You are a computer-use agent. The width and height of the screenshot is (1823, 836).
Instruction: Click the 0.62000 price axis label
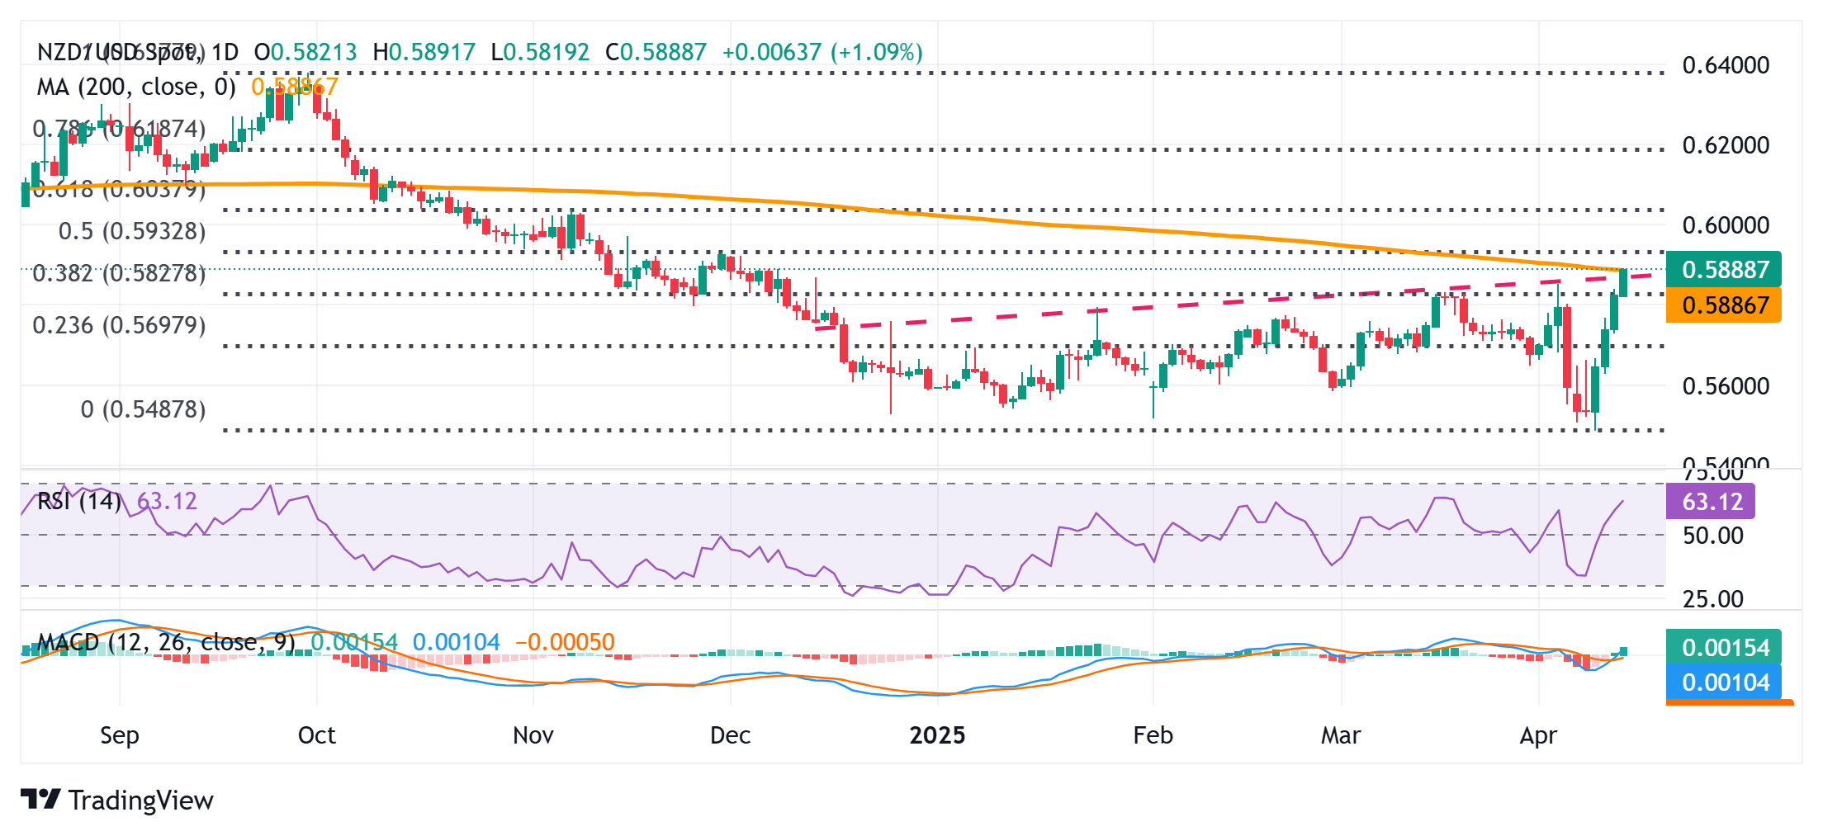point(1725,145)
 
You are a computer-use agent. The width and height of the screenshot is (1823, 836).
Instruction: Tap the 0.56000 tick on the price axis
point(1725,386)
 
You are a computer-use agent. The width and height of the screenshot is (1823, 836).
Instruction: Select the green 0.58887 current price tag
point(1724,270)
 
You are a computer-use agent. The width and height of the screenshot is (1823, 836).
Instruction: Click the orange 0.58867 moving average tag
point(1724,305)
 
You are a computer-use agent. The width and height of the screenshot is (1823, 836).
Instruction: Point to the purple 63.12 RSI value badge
point(1711,502)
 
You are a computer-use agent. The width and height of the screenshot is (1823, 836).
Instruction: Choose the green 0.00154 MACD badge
point(1724,647)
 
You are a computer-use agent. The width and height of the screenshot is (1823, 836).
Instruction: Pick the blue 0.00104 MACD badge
point(1724,682)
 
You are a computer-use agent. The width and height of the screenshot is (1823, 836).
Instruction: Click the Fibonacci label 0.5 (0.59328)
point(132,231)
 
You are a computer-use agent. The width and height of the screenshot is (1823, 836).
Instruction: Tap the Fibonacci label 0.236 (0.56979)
point(119,325)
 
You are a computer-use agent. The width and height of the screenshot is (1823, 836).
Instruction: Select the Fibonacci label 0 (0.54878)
point(143,409)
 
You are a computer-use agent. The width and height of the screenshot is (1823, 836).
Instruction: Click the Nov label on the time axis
point(533,735)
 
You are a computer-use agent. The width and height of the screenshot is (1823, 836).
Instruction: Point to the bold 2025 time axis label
point(937,735)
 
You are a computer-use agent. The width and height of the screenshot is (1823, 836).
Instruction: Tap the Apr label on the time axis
point(1538,735)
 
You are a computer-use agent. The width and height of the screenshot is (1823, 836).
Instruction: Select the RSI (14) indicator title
point(79,501)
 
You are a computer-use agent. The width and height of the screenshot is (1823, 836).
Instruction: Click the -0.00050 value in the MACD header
point(565,642)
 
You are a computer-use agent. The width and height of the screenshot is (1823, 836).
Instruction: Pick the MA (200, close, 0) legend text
point(136,87)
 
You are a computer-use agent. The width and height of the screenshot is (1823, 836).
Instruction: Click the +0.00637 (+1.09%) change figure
point(822,52)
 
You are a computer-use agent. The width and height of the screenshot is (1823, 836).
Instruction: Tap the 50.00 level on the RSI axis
point(1712,536)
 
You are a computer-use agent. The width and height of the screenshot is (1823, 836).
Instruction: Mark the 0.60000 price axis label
point(1725,225)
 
